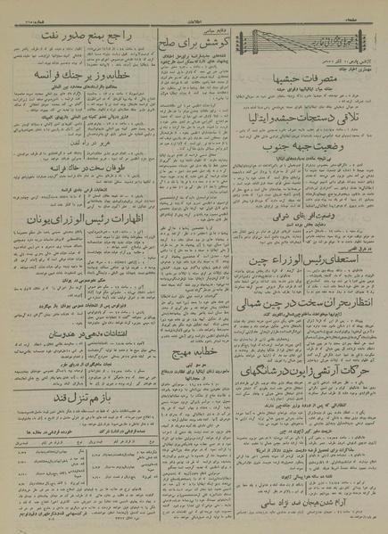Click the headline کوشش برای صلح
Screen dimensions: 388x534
pos(193,39)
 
